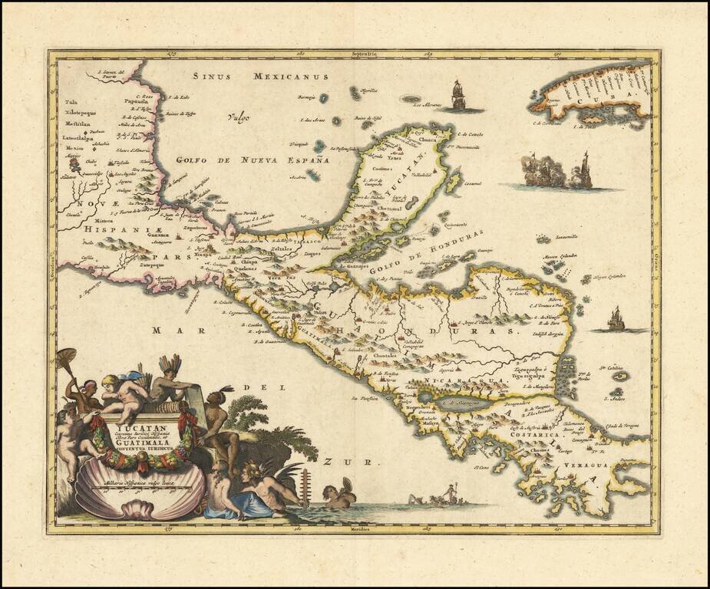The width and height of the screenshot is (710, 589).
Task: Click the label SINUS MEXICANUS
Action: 260,77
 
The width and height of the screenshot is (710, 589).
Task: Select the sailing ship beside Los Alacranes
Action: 459,95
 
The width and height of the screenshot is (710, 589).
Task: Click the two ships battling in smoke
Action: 559,171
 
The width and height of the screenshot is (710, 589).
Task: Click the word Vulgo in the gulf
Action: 239,117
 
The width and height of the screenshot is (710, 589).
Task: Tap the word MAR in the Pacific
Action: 167,330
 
